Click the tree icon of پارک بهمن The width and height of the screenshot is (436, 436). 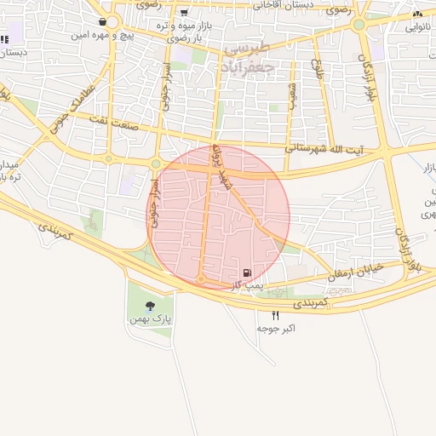click(151, 305)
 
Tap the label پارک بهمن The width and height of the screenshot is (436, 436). click(151, 319)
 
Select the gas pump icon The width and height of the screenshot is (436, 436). click(247, 272)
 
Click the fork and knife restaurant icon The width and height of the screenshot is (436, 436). click(275, 315)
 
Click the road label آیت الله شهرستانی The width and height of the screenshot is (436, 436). click(324, 148)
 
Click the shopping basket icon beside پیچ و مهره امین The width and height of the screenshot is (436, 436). click(102, 22)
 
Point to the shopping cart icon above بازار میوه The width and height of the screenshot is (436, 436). click(184, 13)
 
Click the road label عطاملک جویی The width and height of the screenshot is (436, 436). click(76, 100)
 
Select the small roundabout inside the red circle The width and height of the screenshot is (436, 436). click(201, 278)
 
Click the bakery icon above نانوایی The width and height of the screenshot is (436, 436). click(417, 14)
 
